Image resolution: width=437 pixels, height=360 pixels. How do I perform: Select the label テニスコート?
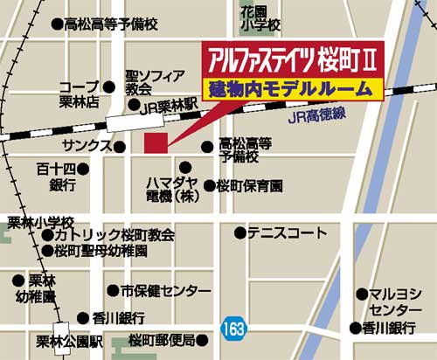pos(287,233)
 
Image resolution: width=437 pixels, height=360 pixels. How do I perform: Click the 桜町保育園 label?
pos(250,185)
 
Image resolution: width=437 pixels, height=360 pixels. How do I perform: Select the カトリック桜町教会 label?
pos(114,235)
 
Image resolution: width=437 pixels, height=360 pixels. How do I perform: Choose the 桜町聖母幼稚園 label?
pos(101,251)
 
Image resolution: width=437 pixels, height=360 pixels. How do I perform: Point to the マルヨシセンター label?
pos(394,302)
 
